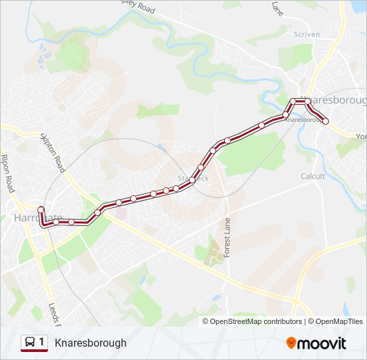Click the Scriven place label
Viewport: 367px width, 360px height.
coord(306,34)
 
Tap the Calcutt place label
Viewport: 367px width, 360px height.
coord(313,176)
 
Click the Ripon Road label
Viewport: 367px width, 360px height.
coord(9,173)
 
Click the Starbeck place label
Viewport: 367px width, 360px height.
coord(194,178)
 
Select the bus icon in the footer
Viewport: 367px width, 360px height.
coord(30,343)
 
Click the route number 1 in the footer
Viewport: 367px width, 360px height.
coord(42,343)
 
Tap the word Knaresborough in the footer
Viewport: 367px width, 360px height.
coord(90,343)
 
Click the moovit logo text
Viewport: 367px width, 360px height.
coord(322,343)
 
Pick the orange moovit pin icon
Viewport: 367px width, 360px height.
coord(291,343)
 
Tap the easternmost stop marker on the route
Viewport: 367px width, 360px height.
coord(326,121)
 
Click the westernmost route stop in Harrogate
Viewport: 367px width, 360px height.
coord(41,210)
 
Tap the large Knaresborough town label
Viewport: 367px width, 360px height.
coord(338,100)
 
